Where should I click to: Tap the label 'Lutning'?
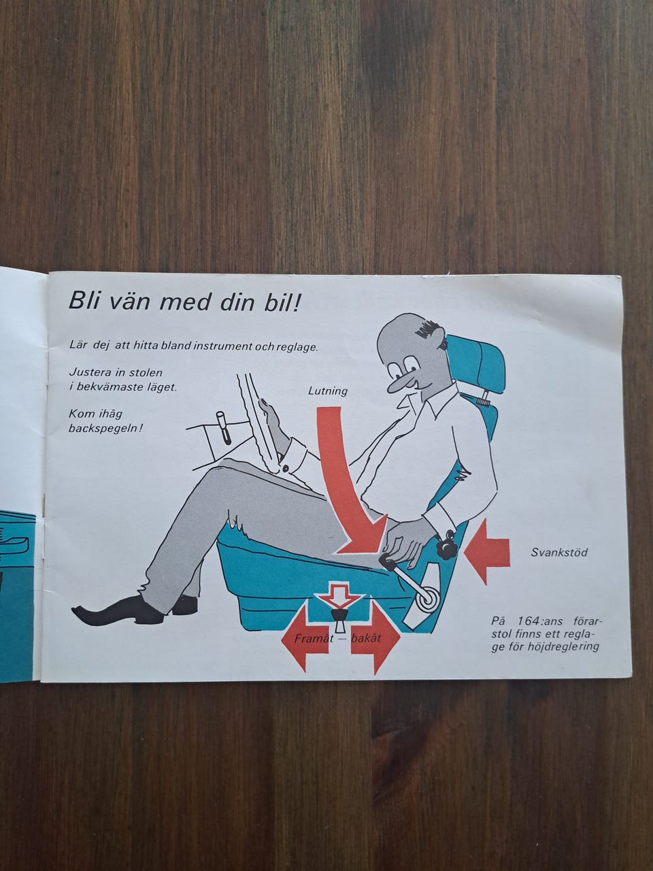tap(328, 392)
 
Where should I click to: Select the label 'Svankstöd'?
tap(559, 553)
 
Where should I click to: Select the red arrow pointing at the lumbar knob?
tap(486, 553)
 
